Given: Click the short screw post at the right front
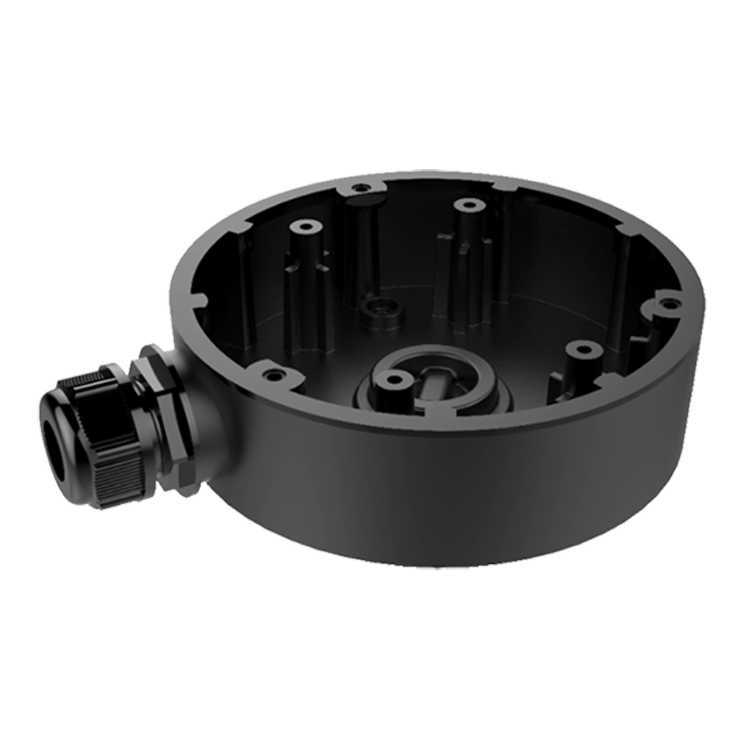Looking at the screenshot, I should pyautogui.click(x=580, y=352).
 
